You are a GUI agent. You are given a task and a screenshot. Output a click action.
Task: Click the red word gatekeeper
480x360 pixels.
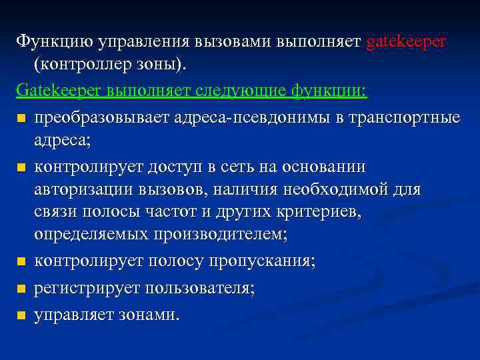[x=406, y=42]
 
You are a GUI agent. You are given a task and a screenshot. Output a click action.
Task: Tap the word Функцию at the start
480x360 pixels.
[x=54, y=42]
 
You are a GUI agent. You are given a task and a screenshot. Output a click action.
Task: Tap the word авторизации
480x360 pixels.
[x=85, y=189]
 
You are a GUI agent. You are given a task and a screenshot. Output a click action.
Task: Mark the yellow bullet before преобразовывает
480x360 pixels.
[x=22, y=119]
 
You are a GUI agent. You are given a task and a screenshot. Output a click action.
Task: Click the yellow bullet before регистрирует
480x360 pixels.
[x=22, y=289]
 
